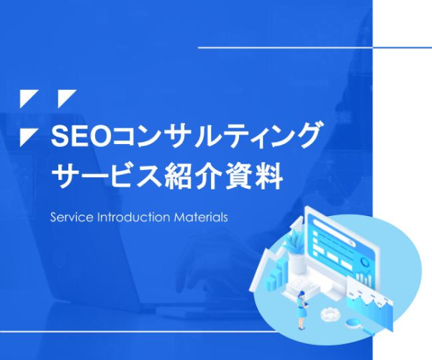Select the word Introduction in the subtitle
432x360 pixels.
(134, 217)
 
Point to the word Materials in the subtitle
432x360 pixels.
(201, 217)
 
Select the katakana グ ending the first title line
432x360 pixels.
(307, 135)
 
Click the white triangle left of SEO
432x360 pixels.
(27, 136)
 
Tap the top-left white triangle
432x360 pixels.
(27, 97)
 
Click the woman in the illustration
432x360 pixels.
(302, 310)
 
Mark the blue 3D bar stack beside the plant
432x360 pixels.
(278, 272)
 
